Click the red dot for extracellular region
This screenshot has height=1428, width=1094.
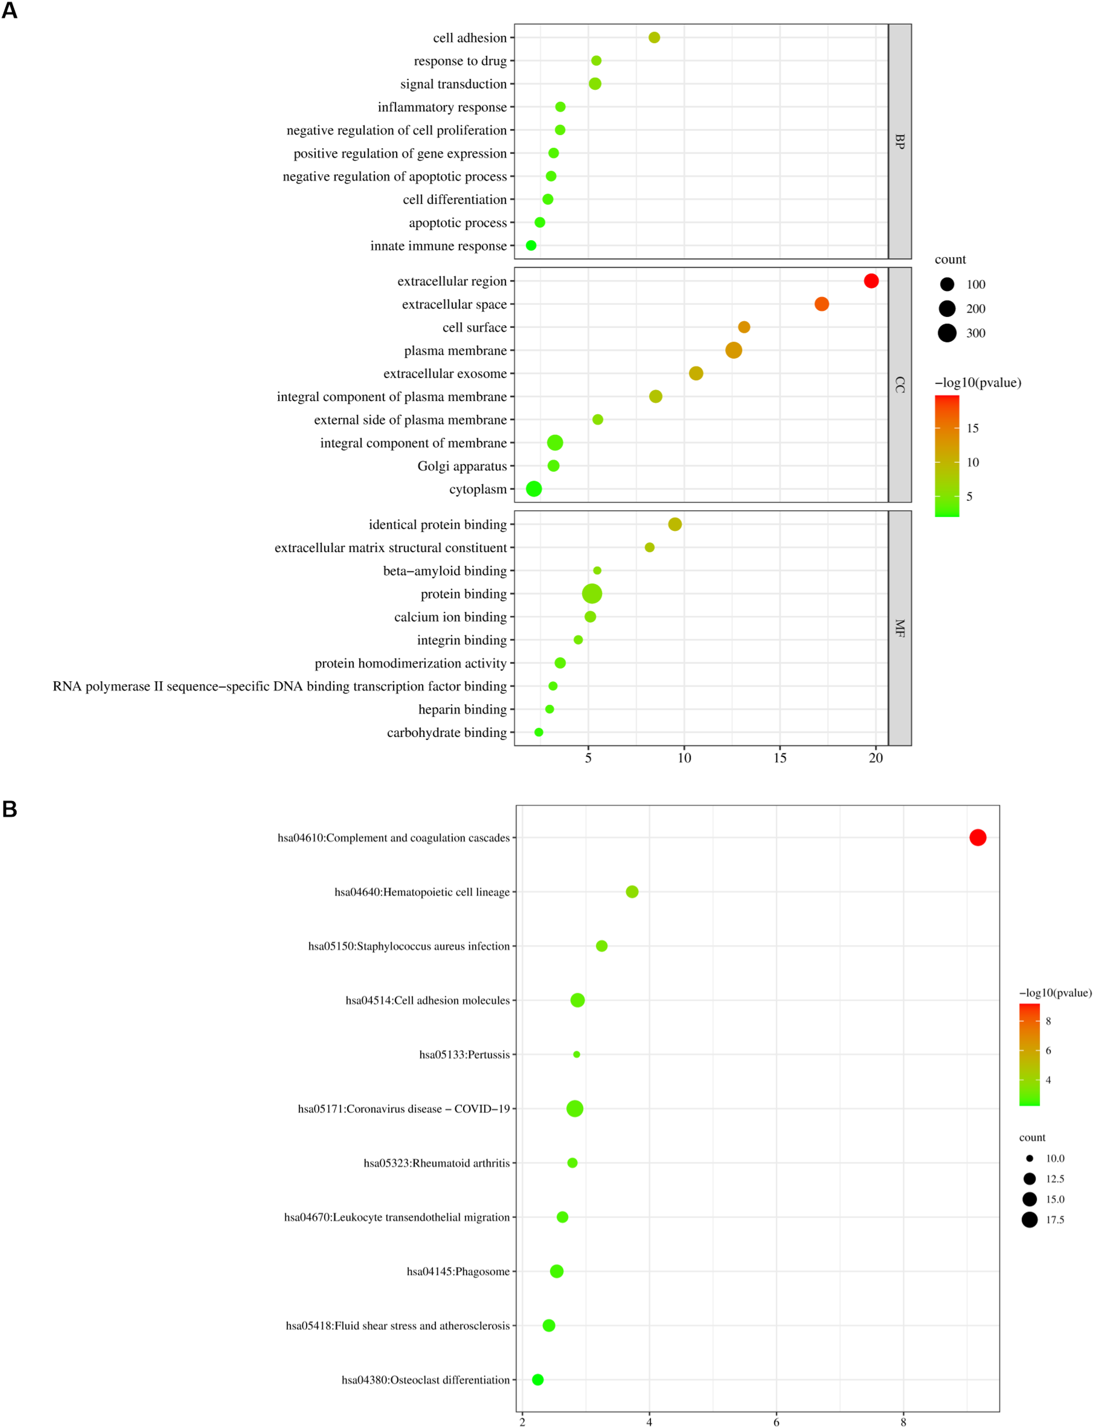(871, 281)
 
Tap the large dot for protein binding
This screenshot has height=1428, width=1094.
(592, 593)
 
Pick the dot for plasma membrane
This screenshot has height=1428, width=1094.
(733, 350)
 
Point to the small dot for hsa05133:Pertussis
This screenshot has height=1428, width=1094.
(576, 1054)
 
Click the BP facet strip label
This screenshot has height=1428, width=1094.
(900, 141)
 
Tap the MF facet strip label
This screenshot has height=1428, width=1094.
(900, 628)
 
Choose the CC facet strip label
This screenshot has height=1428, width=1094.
(900, 385)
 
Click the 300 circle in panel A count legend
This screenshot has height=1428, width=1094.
(947, 333)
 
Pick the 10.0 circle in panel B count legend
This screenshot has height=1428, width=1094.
(1029, 1158)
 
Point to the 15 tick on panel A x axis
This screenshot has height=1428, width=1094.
(780, 758)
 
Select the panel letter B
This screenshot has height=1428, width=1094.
(10, 809)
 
